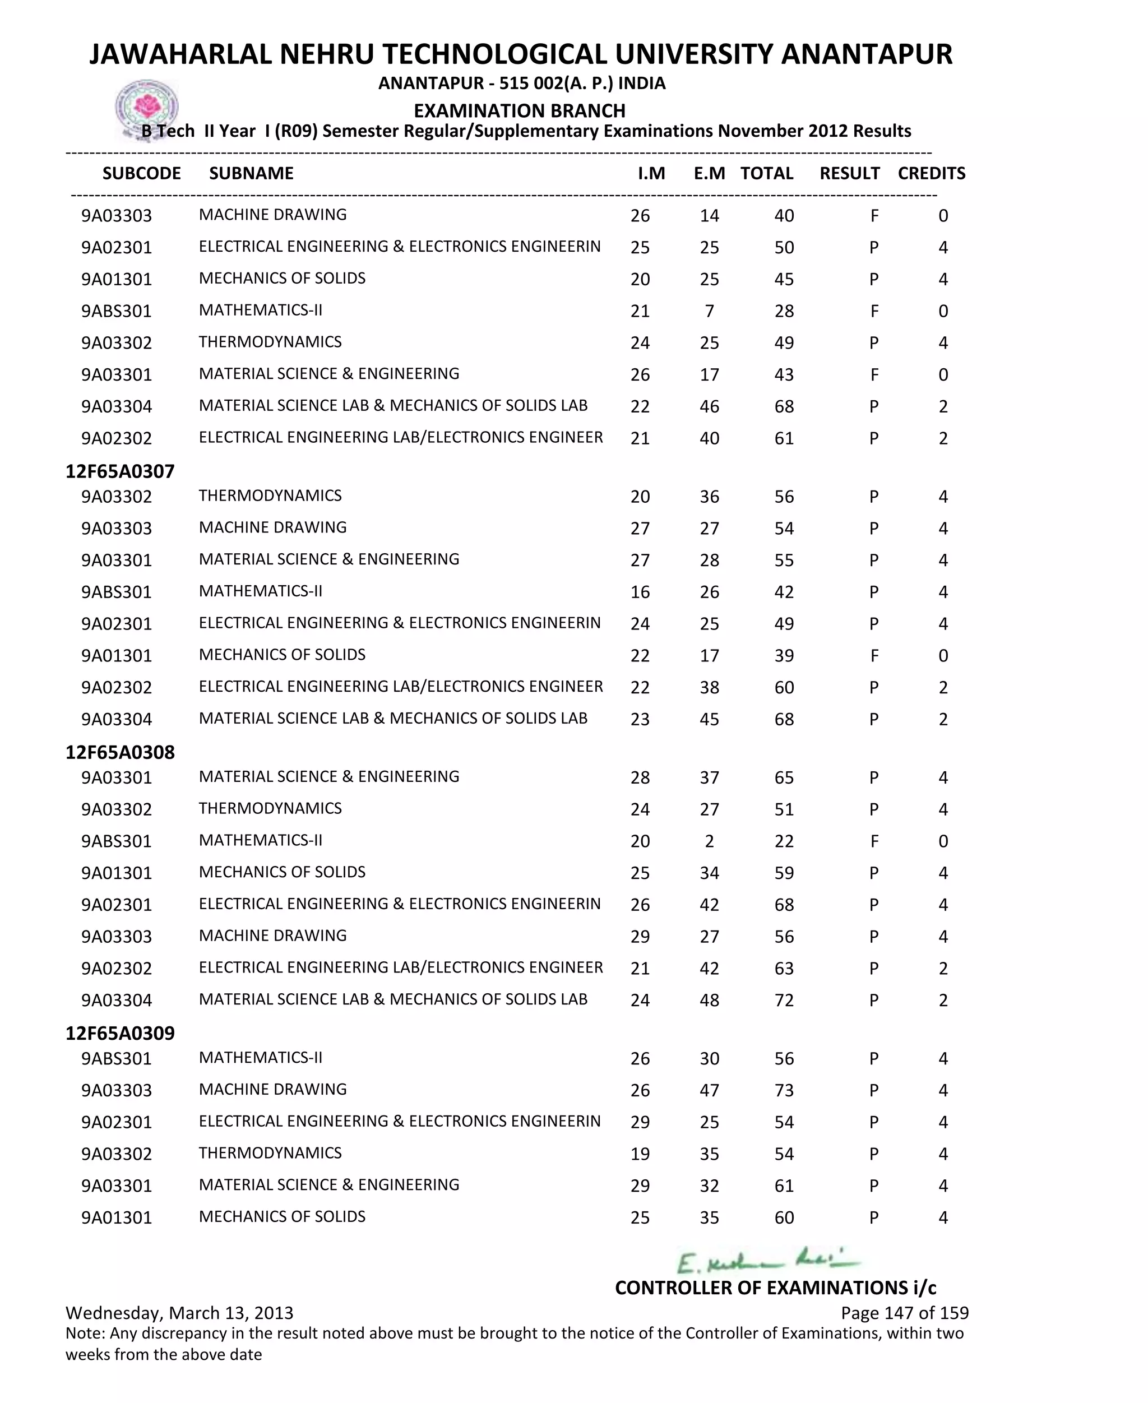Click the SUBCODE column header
click(141, 173)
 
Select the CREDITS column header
click(931, 173)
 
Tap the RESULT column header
click(849, 173)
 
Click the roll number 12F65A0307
click(120, 471)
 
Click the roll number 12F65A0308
click(120, 752)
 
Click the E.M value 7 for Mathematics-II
click(709, 311)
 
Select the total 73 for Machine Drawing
click(784, 1090)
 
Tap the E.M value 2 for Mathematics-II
click(709, 841)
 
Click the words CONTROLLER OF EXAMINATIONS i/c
click(775, 1288)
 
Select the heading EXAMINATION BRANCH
click(519, 110)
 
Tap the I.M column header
click(651, 173)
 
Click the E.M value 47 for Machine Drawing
click(709, 1090)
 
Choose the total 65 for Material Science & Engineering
click(784, 777)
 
